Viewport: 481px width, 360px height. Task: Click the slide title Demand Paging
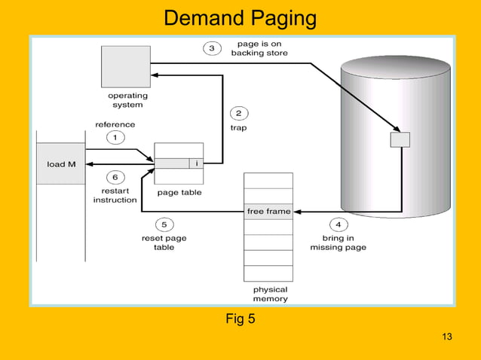(x=240, y=17)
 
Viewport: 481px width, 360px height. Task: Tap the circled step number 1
(x=115, y=137)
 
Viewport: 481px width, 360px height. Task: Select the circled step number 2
(x=238, y=114)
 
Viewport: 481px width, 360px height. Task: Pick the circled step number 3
(x=212, y=48)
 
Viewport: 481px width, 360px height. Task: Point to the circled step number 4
(x=338, y=224)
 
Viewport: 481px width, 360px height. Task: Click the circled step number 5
(x=164, y=224)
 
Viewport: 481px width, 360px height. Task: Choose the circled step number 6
(x=115, y=177)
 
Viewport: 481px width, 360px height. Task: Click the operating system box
(x=127, y=66)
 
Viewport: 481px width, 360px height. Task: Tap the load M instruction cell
(x=61, y=163)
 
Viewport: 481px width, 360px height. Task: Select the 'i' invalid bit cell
(x=196, y=163)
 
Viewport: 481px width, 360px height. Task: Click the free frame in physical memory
(x=268, y=212)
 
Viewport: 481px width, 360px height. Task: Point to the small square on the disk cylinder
(x=400, y=139)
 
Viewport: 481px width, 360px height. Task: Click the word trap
(x=238, y=128)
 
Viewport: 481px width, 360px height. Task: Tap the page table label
(x=179, y=193)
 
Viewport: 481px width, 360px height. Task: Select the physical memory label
(x=270, y=294)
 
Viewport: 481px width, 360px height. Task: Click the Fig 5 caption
(x=240, y=319)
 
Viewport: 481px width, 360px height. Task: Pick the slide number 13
(x=446, y=336)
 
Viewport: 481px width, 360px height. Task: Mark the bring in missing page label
(x=338, y=243)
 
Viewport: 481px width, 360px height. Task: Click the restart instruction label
(x=115, y=195)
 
